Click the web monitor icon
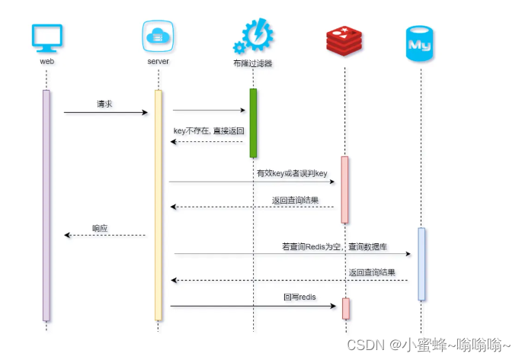(x=47, y=38)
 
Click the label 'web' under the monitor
(x=46, y=61)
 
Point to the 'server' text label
(x=158, y=61)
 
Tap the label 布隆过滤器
(x=252, y=64)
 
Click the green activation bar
(x=253, y=123)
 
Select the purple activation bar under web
(x=46, y=205)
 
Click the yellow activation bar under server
(x=159, y=205)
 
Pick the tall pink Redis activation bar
(x=344, y=190)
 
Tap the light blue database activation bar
(x=421, y=263)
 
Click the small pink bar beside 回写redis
(x=345, y=309)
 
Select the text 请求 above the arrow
(x=104, y=104)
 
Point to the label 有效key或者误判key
(x=292, y=174)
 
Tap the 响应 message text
(x=100, y=227)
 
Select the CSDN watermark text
(x=428, y=345)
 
